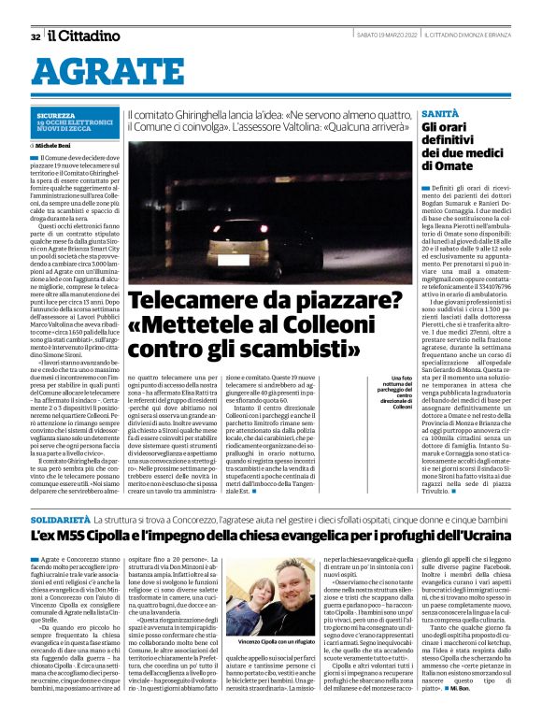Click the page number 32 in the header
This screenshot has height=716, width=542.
(x=36, y=37)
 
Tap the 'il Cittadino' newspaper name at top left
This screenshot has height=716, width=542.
(x=84, y=36)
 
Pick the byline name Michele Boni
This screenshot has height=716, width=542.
(x=56, y=147)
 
